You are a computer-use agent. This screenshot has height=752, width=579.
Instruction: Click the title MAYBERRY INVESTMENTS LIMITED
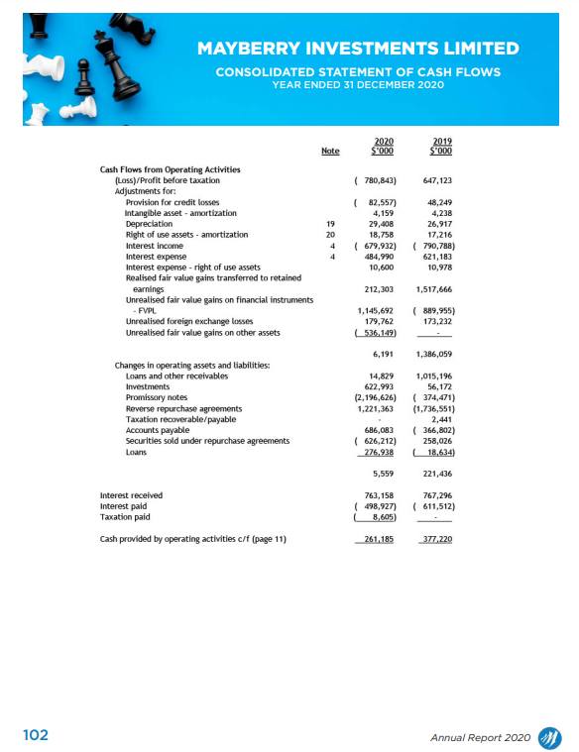(357, 49)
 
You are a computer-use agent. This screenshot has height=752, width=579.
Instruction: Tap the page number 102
(36, 736)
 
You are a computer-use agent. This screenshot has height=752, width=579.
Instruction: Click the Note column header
(330, 151)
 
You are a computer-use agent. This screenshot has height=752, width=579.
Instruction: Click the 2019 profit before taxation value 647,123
(437, 181)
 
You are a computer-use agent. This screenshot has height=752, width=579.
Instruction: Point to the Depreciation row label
(145, 224)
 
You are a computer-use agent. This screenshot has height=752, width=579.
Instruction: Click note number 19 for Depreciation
(331, 224)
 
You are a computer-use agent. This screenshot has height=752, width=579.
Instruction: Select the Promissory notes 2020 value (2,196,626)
(376, 397)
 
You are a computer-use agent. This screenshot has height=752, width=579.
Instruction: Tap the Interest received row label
(131, 494)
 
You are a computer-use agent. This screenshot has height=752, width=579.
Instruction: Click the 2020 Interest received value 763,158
(379, 494)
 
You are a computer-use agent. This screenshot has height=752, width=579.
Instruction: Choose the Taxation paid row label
(125, 516)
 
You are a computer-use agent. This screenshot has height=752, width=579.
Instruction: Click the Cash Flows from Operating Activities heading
(163, 169)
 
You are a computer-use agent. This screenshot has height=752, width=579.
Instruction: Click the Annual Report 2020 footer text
(481, 737)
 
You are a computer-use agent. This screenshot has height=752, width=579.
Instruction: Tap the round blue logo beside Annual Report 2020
(548, 736)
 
